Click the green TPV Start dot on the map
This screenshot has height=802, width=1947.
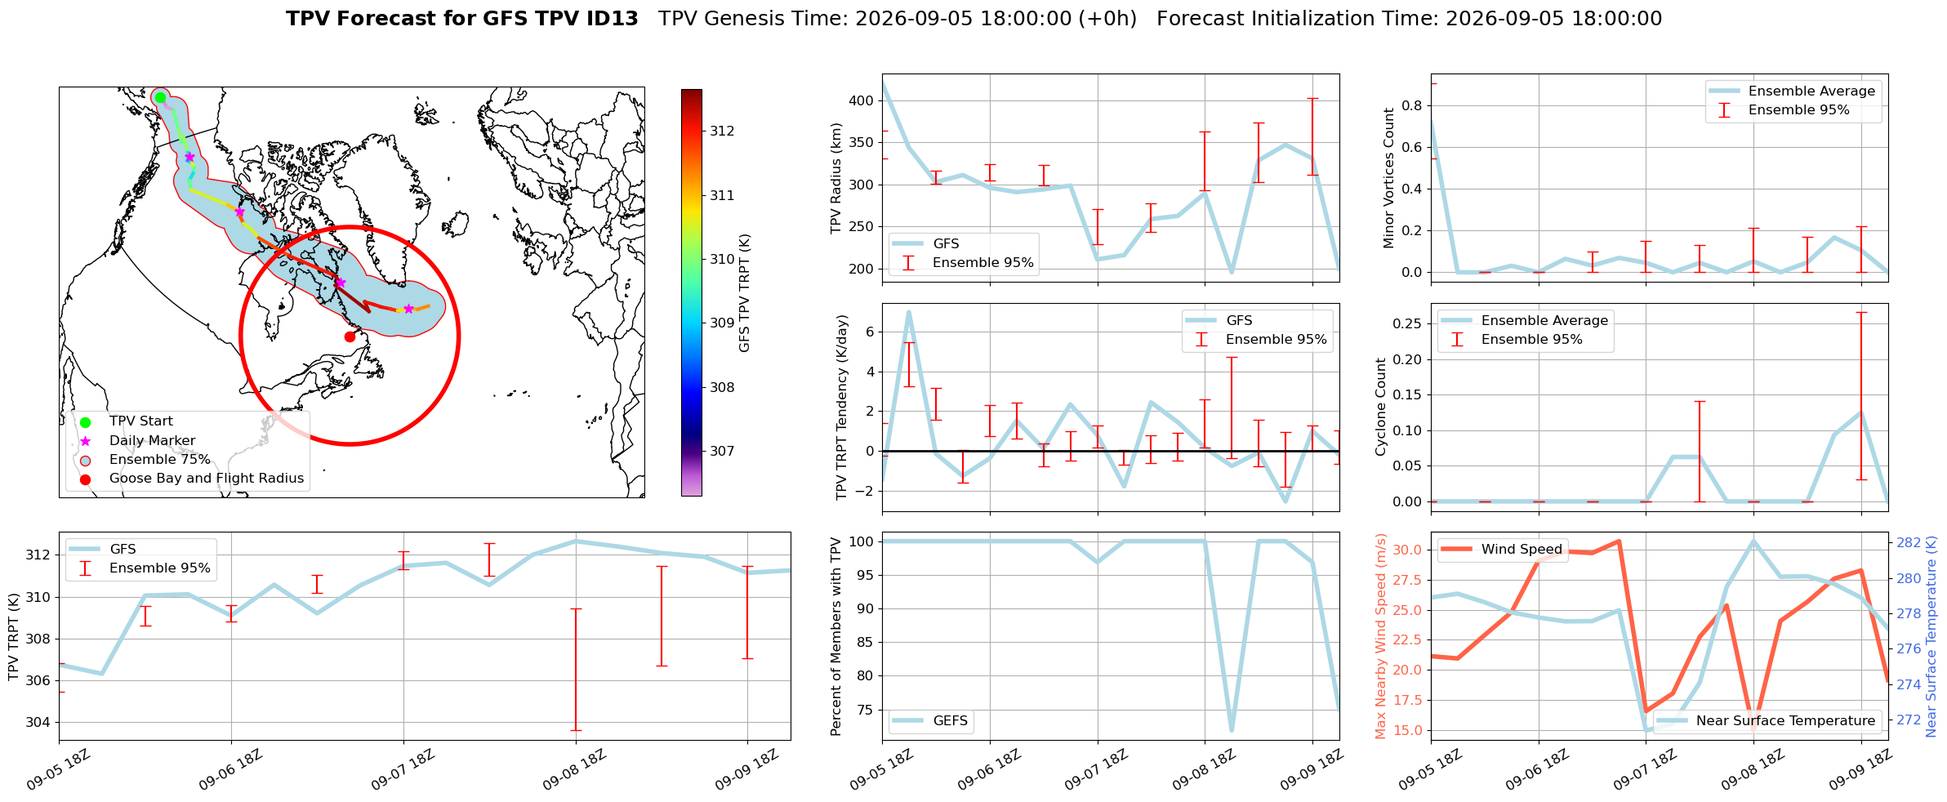[160, 97]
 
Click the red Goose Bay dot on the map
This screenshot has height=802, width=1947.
[350, 336]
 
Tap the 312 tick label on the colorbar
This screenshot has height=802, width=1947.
[722, 131]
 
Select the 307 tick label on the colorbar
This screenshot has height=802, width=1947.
[722, 451]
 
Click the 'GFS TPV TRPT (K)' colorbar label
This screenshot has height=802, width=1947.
[744, 293]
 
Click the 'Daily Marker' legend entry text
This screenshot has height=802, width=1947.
[153, 441]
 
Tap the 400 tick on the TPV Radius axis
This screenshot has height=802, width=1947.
[862, 100]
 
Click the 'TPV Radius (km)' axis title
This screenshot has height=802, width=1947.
[835, 178]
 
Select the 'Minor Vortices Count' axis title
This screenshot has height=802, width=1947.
[1389, 178]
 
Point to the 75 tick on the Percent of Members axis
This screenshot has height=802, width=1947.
[865, 710]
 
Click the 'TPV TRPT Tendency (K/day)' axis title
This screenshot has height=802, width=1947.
[842, 407]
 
